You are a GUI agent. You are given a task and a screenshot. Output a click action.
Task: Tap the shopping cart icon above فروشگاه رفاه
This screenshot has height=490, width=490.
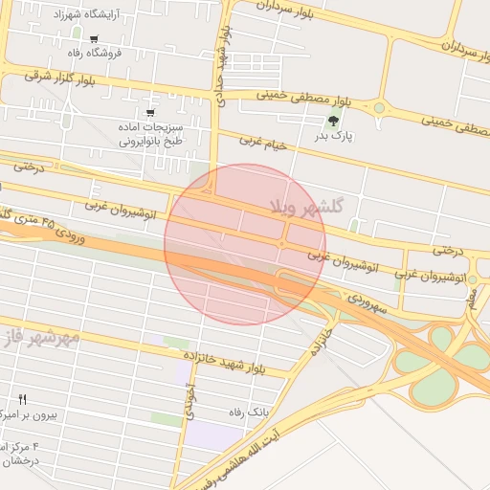point(94,39)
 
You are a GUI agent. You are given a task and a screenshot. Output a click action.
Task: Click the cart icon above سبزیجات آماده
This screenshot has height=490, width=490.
point(150,113)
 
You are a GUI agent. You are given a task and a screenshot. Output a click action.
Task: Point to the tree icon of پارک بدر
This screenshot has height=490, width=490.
point(333,121)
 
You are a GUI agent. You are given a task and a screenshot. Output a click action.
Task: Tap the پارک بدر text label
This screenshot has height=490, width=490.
point(334,137)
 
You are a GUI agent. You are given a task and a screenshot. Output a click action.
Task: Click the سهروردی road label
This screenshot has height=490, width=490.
point(365,299)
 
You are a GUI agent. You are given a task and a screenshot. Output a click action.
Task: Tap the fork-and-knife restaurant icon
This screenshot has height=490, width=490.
point(23,399)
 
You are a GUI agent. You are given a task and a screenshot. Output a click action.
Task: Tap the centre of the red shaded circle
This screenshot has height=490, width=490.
point(245,244)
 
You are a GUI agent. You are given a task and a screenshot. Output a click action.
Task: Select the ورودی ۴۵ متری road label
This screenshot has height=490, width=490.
point(48,226)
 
